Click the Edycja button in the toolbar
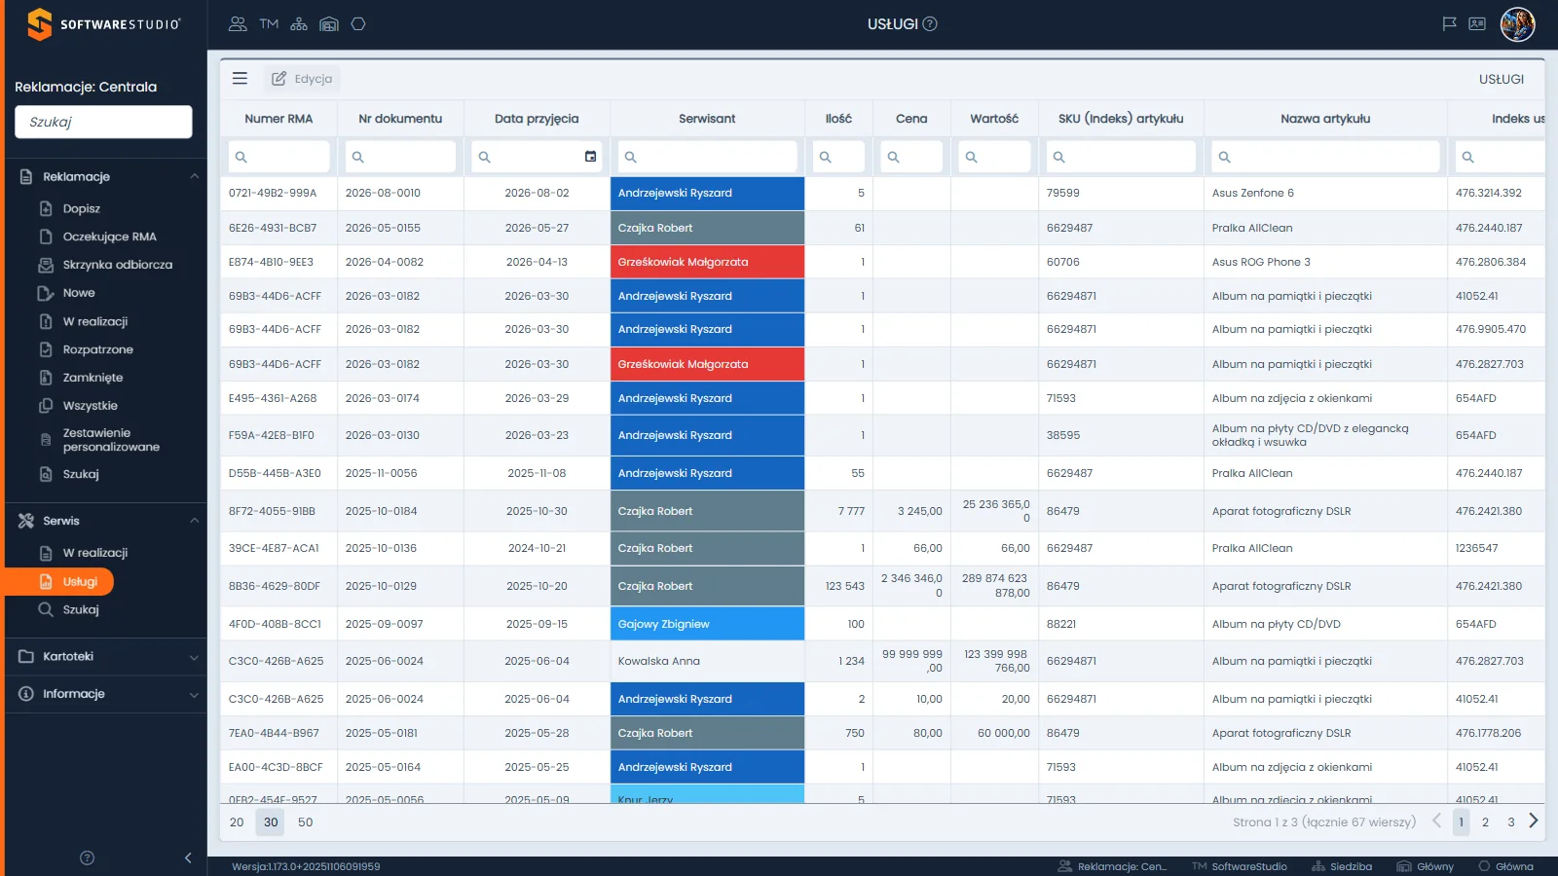click(x=302, y=79)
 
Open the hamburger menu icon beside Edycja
click(x=240, y=79)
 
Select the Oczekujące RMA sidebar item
click(x=109, y=237)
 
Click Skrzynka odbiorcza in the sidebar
click(x=117, y=264)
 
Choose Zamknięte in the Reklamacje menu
click(x=93, y=378)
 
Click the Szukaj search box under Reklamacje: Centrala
click(x=103, y=122)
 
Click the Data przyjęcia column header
click(x=537, y=118)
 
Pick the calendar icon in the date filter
click(x=590, y=157)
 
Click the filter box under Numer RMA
click(x=278, y=157)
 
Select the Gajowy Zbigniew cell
click(x=707, y=624)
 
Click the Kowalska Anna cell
click(x=707, y=661)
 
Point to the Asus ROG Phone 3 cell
click(x=1260, y=262)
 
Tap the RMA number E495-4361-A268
click(x=273, y=398)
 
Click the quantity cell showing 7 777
click(x=838, y=511)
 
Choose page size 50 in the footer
click(x=306, y=821)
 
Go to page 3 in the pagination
click(x=1510, y=821)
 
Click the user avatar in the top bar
click(x=1517, y=24)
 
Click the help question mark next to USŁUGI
click(x=930, y=24)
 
